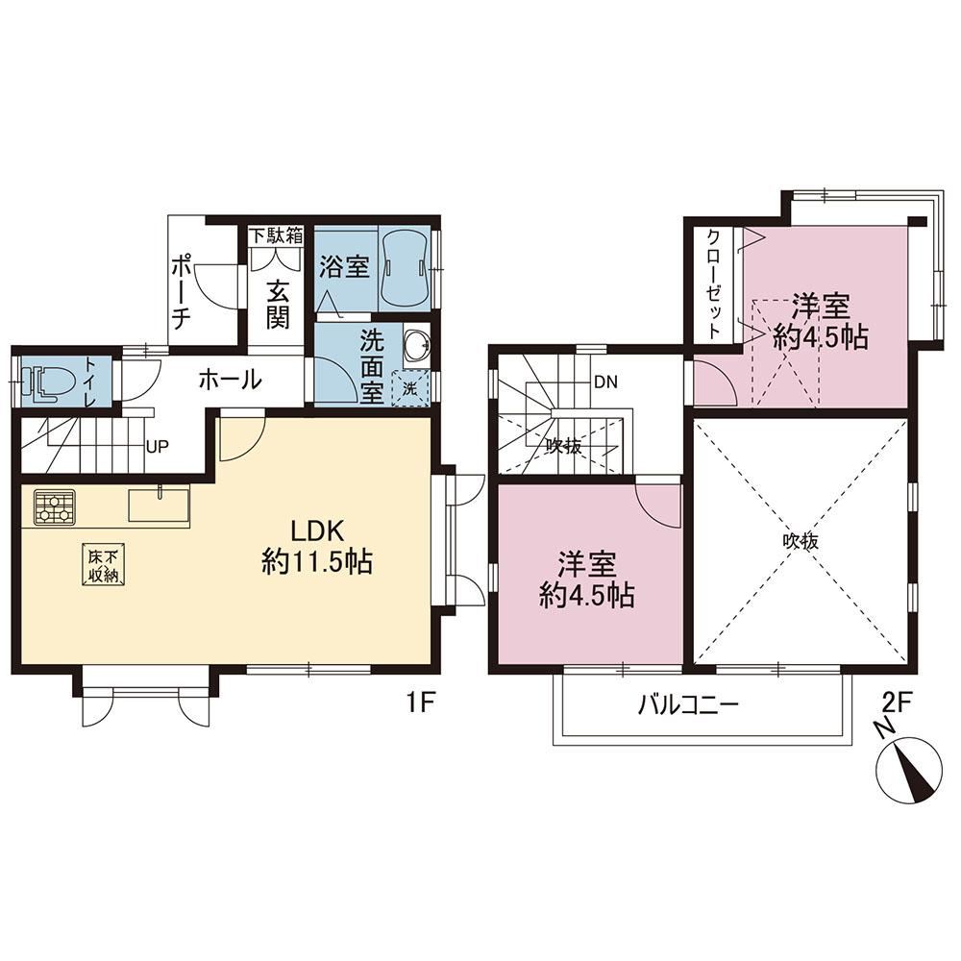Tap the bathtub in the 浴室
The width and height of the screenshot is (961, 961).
click(404, 270)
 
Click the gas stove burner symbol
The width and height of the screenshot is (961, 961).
click(55, 506)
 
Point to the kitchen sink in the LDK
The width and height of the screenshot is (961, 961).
click(159, 505)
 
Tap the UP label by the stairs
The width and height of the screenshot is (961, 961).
click(157, 447)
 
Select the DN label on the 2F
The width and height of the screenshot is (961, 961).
click(605, 382)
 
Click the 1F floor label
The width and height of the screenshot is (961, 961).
click(419, 703)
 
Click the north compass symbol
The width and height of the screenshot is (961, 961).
click(909, 769)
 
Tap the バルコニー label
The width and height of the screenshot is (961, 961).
click(688, 704)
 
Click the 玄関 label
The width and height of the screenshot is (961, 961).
click(278, 306)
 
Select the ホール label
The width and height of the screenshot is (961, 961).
click(231, 381)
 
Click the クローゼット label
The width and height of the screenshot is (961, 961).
click(714, 284)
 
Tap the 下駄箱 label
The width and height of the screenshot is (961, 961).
click(276, 235)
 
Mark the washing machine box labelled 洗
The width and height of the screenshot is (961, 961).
click(409, 389)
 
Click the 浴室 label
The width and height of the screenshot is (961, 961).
click(345, 266)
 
